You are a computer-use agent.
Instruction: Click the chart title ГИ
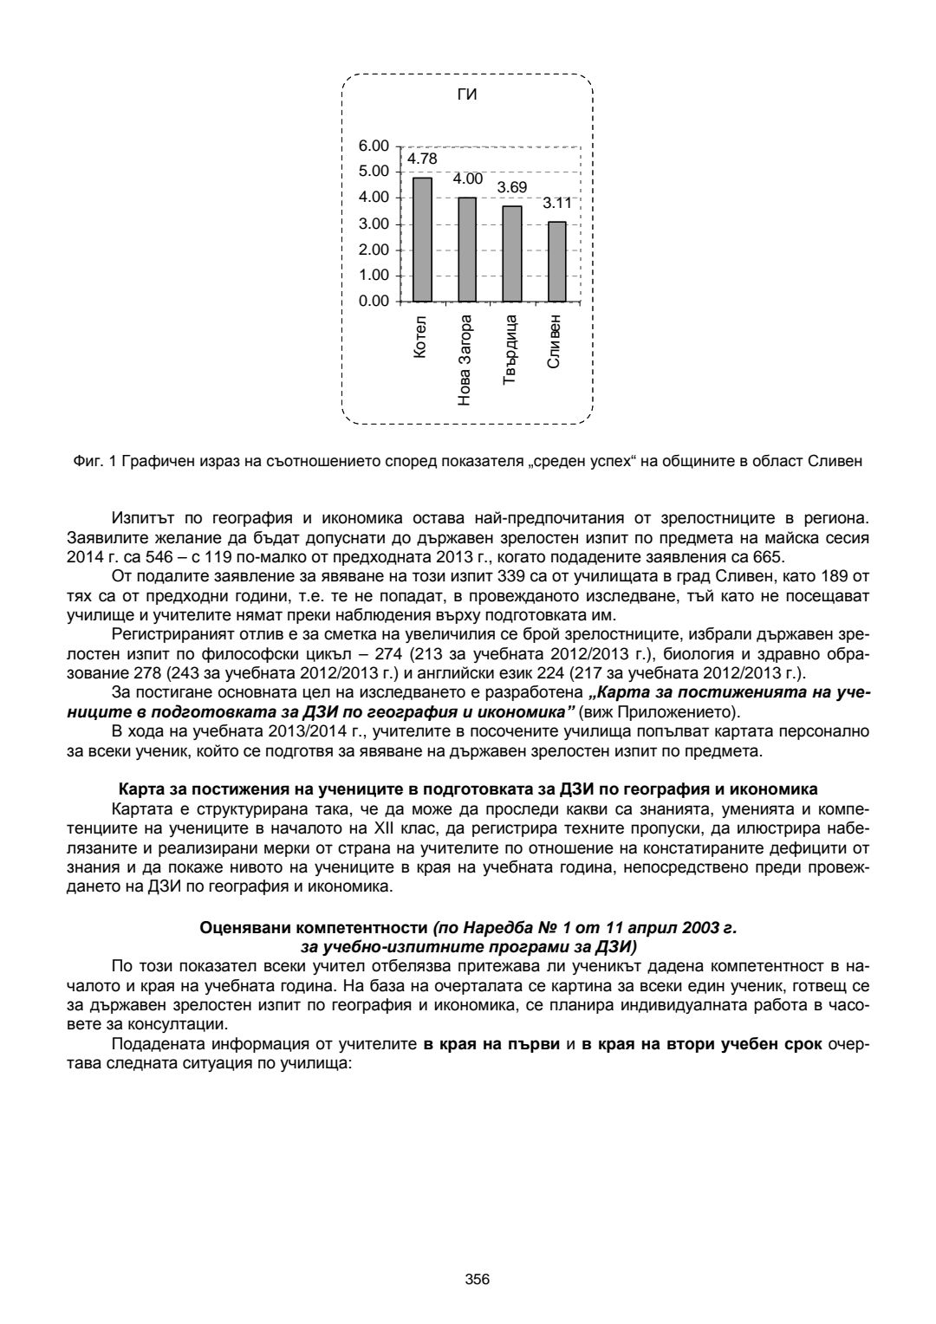(467, 94)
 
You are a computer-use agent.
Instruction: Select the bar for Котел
(422, 239)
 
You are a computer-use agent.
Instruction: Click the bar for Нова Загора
(467, 250)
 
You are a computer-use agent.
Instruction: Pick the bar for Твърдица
(512, 254)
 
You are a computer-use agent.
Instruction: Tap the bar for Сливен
(557, 261)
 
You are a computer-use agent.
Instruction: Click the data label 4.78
(422, 159)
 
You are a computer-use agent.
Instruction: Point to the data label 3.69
(512, 187)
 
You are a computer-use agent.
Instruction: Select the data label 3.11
(557, 203)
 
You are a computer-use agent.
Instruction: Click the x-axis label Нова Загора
(466, 357)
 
